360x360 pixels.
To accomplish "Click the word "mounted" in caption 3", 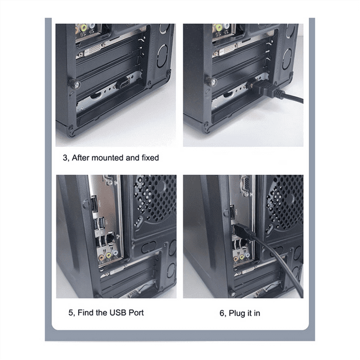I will pos(110,158).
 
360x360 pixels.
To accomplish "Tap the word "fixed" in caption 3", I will pos(148,158).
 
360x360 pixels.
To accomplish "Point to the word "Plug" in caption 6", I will pos(238,312).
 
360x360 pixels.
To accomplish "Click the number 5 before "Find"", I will pos(71,312).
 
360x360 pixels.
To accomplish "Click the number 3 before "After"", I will pos(65,158).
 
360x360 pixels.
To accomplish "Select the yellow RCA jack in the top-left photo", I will pos(84,27).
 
